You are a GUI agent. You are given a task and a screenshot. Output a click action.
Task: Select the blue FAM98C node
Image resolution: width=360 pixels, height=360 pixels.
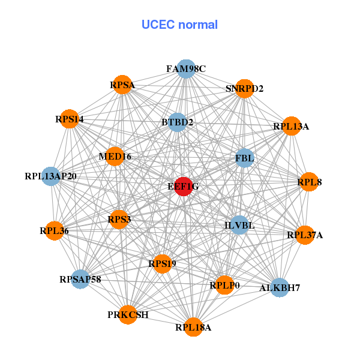click(x=186, y=69)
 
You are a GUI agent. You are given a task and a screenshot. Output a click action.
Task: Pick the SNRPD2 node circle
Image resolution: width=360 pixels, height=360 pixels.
click(x=244, y=88)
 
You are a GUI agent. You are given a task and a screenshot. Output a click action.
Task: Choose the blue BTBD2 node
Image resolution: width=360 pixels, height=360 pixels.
click(x=177, y=122)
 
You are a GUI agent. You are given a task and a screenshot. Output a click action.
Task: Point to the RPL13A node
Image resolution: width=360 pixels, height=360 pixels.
click(x=291, y=126)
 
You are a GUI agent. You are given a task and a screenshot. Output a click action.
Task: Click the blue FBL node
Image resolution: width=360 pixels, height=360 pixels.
click(x=245, y=158)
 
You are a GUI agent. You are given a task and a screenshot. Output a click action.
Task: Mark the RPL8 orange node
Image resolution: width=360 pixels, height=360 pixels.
click(x=308, y=181)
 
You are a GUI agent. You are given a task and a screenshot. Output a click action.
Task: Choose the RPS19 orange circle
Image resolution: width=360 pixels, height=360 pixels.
click(x=162, y=263)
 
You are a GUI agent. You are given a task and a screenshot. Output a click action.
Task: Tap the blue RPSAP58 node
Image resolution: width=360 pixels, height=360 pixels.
click(x=80, y=279)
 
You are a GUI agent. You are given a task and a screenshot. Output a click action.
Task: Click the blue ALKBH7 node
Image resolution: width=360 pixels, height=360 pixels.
click(x=279, y=288)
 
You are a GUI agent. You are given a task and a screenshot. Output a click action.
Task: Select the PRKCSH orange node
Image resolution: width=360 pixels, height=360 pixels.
click(x=127, y=314)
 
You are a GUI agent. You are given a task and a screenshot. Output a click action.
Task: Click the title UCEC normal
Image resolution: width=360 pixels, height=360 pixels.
click(x=179, y=25)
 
